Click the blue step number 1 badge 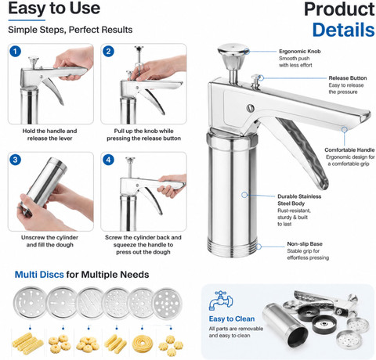tap(16, 51)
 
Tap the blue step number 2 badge tap(108, 51)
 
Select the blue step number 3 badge tap(16, 160)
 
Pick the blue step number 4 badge tap(108, 160)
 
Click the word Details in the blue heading tap(344, 30)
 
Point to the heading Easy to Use tap(54, 8)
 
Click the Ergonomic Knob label tap(300, 52)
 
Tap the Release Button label tap(348, 78)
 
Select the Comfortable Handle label tap(349, 150)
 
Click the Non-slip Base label tap(305, 244)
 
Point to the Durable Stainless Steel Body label tap(299, 200)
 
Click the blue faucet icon tap(221, 301)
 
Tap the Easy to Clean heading tap(232, 319)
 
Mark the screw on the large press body tap(251, 108)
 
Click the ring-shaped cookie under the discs tap(143, 344)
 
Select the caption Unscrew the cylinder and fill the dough tap(49, 241)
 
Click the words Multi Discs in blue tap(39, 275)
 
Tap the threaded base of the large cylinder tap(232, 247)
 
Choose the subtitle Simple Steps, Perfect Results tap(70, 30)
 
